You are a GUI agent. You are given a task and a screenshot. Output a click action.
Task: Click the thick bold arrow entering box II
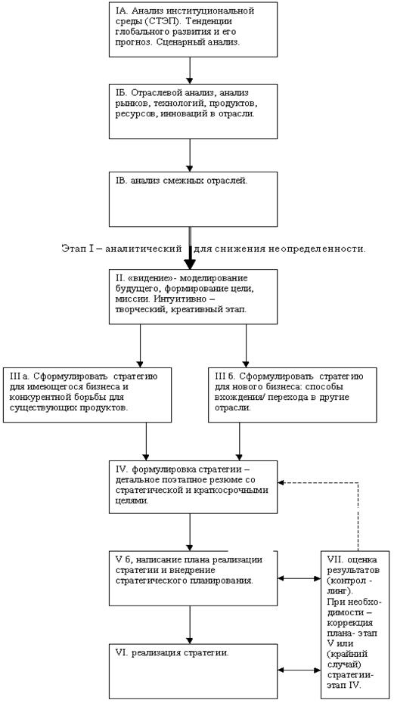pyautogui.click(x=191, y=248)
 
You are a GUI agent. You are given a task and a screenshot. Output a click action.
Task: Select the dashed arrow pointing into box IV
pyautogui.click(x=358, y=483)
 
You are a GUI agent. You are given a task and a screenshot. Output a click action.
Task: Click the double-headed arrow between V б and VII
pyautogui.click(x=299, y=578)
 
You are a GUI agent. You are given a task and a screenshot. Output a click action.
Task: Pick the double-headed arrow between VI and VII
pyautogui.click(x=299, y=670)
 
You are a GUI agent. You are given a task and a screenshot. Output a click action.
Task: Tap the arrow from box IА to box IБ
pyautogui.click(x=190, y=70)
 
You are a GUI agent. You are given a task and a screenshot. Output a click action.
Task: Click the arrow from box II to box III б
pyautogui.click(x=246, y=345)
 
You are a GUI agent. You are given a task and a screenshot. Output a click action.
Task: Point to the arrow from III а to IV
pyautogui.click(x=146, y=441)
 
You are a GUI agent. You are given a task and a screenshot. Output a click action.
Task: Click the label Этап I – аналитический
pyautogui.click(x=122, y=249)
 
